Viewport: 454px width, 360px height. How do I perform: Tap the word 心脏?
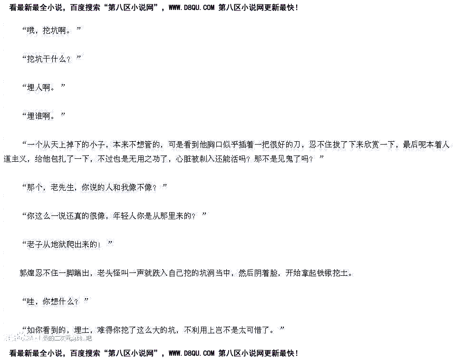[x=182, y=159]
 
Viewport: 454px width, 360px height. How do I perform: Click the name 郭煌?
[x=25, y=273]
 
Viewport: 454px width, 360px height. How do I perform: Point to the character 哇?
[x=32, y=302]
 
